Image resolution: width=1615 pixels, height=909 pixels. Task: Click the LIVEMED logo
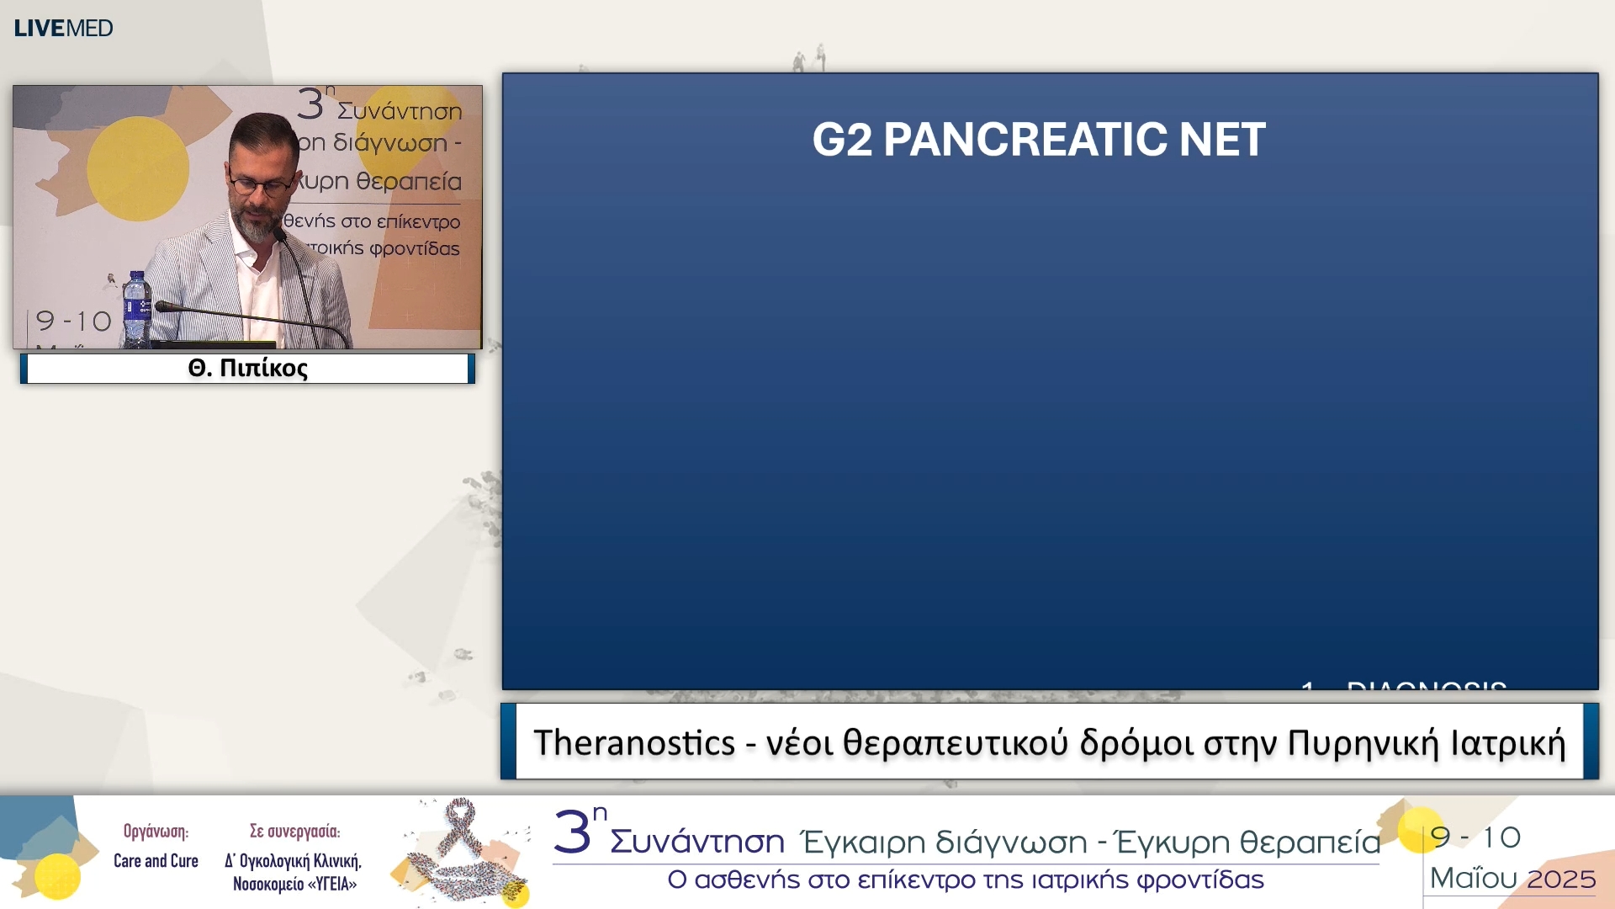63,28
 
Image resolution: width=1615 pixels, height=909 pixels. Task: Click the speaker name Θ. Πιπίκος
247,369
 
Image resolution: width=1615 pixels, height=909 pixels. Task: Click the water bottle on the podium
135,310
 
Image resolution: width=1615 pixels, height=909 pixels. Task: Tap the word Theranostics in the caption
634,743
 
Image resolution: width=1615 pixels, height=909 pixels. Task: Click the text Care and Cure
156,861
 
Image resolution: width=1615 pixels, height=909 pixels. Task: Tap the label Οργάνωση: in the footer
156,832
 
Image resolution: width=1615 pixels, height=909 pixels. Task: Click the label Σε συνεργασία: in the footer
294,832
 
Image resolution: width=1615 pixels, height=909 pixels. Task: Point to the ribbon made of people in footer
462,850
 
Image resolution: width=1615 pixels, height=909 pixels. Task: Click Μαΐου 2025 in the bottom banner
1512,879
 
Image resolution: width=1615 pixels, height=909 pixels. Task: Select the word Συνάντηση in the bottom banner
697,842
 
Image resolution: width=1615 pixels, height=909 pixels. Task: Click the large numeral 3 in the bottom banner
572,833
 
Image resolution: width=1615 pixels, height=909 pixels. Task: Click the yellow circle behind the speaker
138,168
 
